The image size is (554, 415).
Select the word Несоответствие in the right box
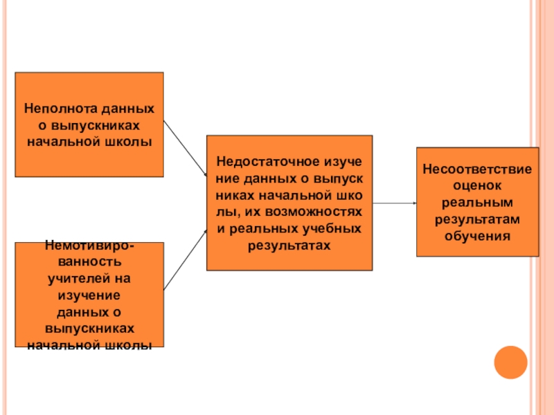coord(477,169)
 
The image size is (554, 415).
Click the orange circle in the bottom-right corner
coord(510,362)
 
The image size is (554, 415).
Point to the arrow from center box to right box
coord(394,203)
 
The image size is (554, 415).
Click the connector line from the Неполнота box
coord(185,149)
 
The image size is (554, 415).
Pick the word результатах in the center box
coord(289,245)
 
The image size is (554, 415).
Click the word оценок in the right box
coord(477,186)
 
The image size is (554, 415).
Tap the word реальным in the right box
coord(477,203)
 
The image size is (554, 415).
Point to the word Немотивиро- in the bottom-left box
coord(89,246)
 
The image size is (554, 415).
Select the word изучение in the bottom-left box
coord(89,295)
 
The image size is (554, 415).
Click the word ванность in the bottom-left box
coord(89,262)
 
